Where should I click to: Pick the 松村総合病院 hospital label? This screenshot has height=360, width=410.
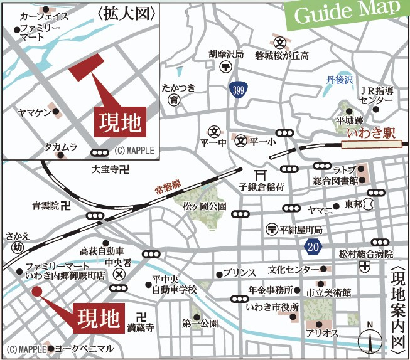click(365, 254)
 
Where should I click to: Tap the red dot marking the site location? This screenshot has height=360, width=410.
click(36, 291)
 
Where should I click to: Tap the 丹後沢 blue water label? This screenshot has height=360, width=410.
click(341, 80)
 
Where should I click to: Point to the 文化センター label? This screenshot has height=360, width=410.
click(294, 270)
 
